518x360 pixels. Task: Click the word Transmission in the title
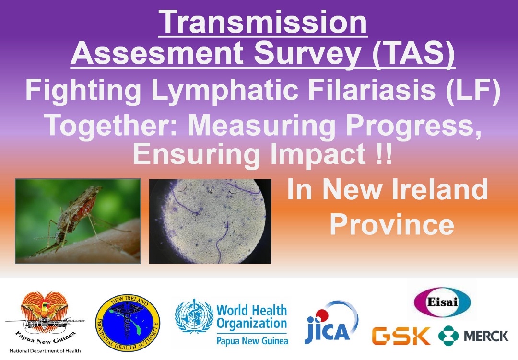point(263,22)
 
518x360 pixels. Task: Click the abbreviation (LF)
point(473,90)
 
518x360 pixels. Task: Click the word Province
point(392,225)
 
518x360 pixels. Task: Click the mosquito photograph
point(78,221)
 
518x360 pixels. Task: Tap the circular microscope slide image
point(210,221)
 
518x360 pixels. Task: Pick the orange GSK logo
point(401,336)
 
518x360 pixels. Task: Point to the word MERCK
point(486,336)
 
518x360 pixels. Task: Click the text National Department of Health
point(45,351)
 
